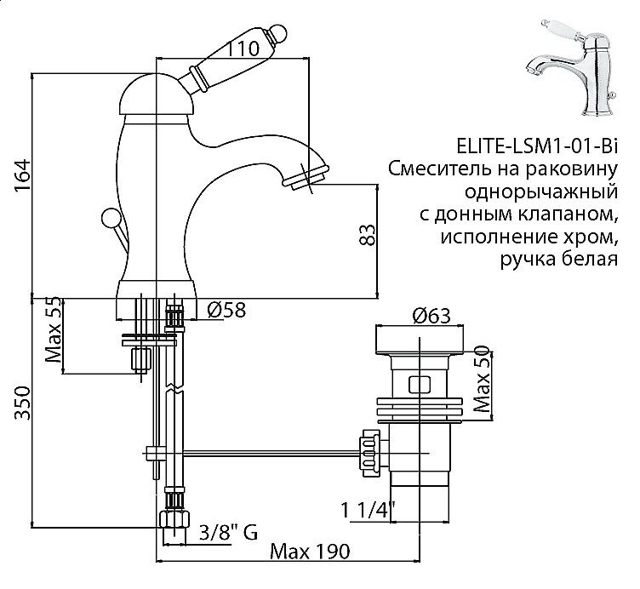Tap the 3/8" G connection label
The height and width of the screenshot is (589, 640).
pyautogui.click(x=227, y=534)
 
